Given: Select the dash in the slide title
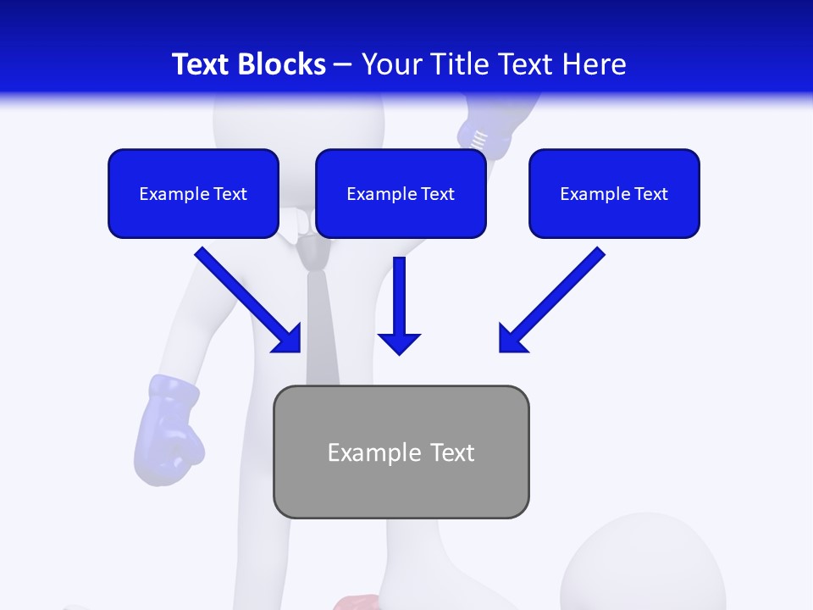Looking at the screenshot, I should [x=343, y=65].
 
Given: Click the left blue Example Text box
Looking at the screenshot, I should [x=193, y=194].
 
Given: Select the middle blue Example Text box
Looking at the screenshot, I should [x=401, y=194].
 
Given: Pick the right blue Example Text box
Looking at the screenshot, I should [x=614, y=194].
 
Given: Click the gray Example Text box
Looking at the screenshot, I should [x=401, y=452].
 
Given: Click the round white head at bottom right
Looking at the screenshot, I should [x=644, y=568].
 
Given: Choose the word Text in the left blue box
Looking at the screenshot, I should [x=230, y=194].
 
